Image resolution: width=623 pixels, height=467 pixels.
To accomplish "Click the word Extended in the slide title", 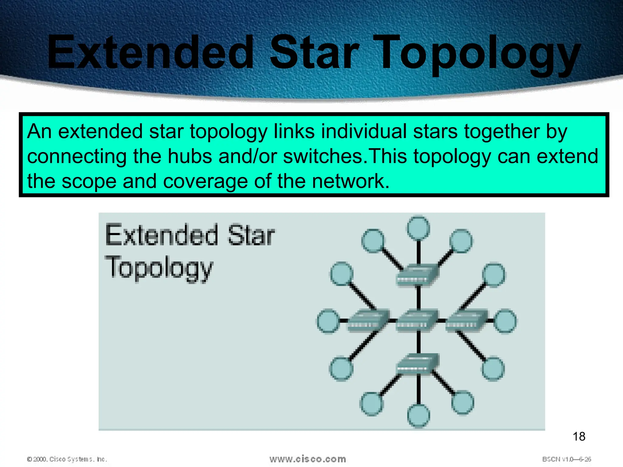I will [x=150, y=52].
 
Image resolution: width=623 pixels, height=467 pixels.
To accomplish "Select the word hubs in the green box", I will [x=190, y=156].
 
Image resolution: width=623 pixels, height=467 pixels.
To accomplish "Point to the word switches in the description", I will [x=323, y=156].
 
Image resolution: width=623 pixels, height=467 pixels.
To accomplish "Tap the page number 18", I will [x=579, y=437].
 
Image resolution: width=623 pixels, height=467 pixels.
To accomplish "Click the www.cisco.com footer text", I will [x=308, y=459].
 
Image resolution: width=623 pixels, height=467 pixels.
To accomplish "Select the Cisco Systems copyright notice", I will [x=67, y=459].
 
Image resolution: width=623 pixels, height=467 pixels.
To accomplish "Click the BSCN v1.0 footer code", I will [x=566, y=459].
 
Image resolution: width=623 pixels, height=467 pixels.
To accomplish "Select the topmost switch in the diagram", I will [x=417, y=275].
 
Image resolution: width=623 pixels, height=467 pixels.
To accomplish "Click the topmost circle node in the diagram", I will [x=418, y=228].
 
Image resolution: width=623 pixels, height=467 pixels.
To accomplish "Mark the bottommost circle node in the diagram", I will [x=418, y=416].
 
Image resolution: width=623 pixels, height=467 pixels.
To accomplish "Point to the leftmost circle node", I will [x=328, y=321].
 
